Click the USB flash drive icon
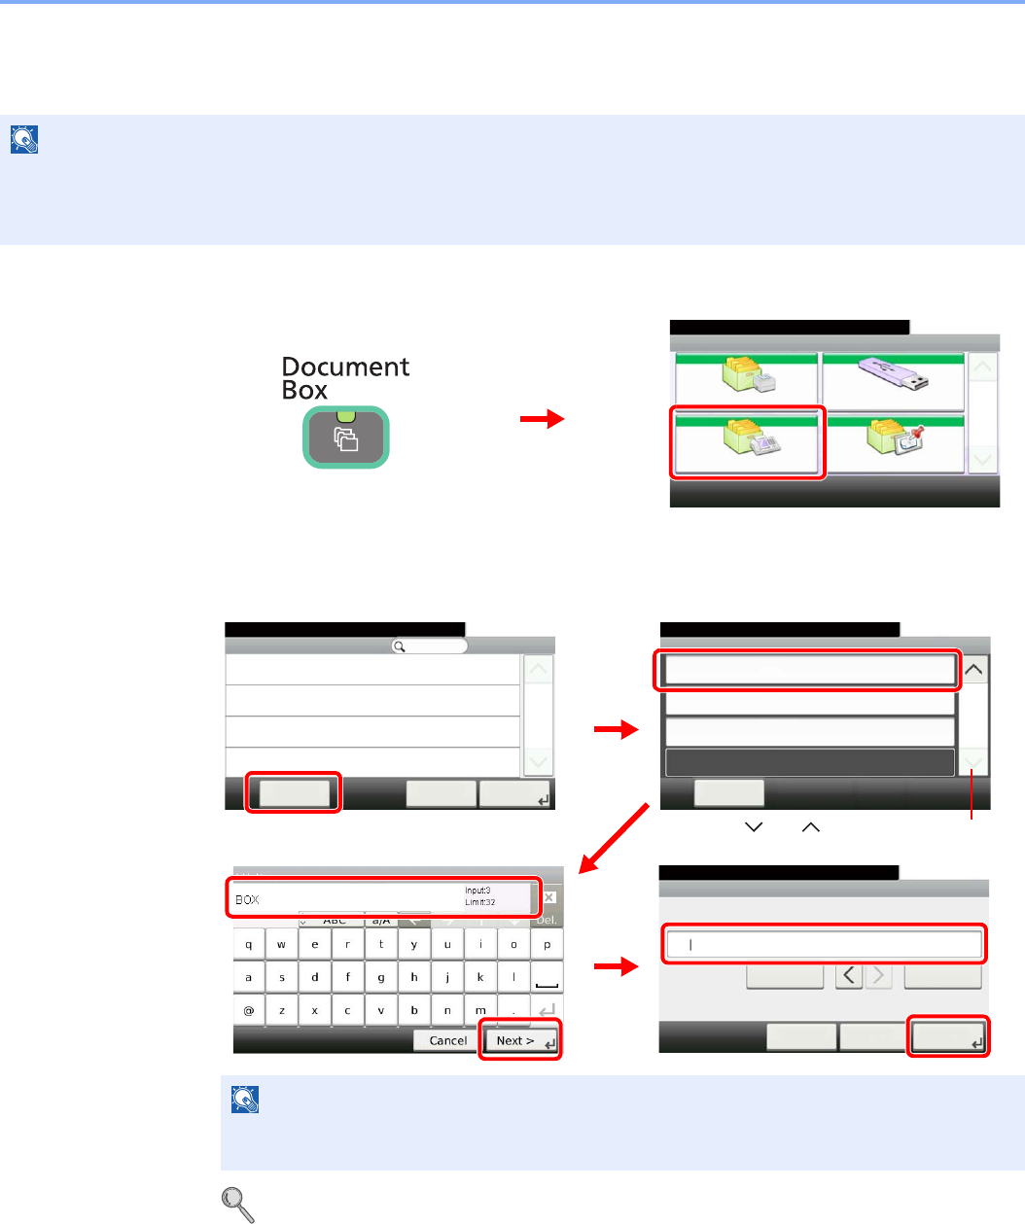(x=892, y=376)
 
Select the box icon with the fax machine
(x=747, y=443)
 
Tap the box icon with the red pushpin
(x=894, y=443)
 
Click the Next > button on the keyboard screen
(x=519, y=1040)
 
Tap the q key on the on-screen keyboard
(x=249, y=945)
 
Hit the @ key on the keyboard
(x=249, y=1011)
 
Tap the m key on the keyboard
(x=480, y=1011)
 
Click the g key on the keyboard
(x=381, y=978)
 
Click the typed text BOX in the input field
(x=248, y=900)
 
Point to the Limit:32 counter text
(x=480, y=903)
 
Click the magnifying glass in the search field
(x=399, y=647)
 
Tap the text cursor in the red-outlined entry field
(x=690, y=944)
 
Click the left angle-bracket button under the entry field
(x=849, y=975)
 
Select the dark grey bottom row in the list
(x=809, y=762)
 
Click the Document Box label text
(x=344, y=378)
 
